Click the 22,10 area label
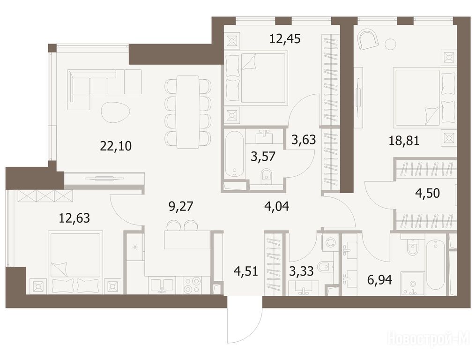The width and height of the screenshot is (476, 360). tap(116, 146)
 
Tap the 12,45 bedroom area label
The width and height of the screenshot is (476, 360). tap(285, 39)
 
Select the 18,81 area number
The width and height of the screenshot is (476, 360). tap(404, 141)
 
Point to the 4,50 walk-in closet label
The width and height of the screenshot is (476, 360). tap(427, 193)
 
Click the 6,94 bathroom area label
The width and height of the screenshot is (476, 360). tap(379, 280)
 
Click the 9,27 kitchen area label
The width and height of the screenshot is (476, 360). tap(181, 207)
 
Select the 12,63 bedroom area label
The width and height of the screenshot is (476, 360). tap(74, 218)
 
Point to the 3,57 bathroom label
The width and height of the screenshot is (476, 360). tap(263, 157)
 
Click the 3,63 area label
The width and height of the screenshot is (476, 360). tap(304, 140)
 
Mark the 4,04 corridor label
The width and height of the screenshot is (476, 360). tap(276, 207)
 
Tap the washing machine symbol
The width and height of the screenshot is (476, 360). tap(330, 243)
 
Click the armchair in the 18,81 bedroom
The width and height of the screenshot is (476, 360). tap(368, 39)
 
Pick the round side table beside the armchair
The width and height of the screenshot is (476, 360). tap(391, 45)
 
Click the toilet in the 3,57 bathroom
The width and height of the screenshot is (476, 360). tap(266, 176)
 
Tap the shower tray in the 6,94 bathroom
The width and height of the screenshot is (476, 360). tap(412, 284)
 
